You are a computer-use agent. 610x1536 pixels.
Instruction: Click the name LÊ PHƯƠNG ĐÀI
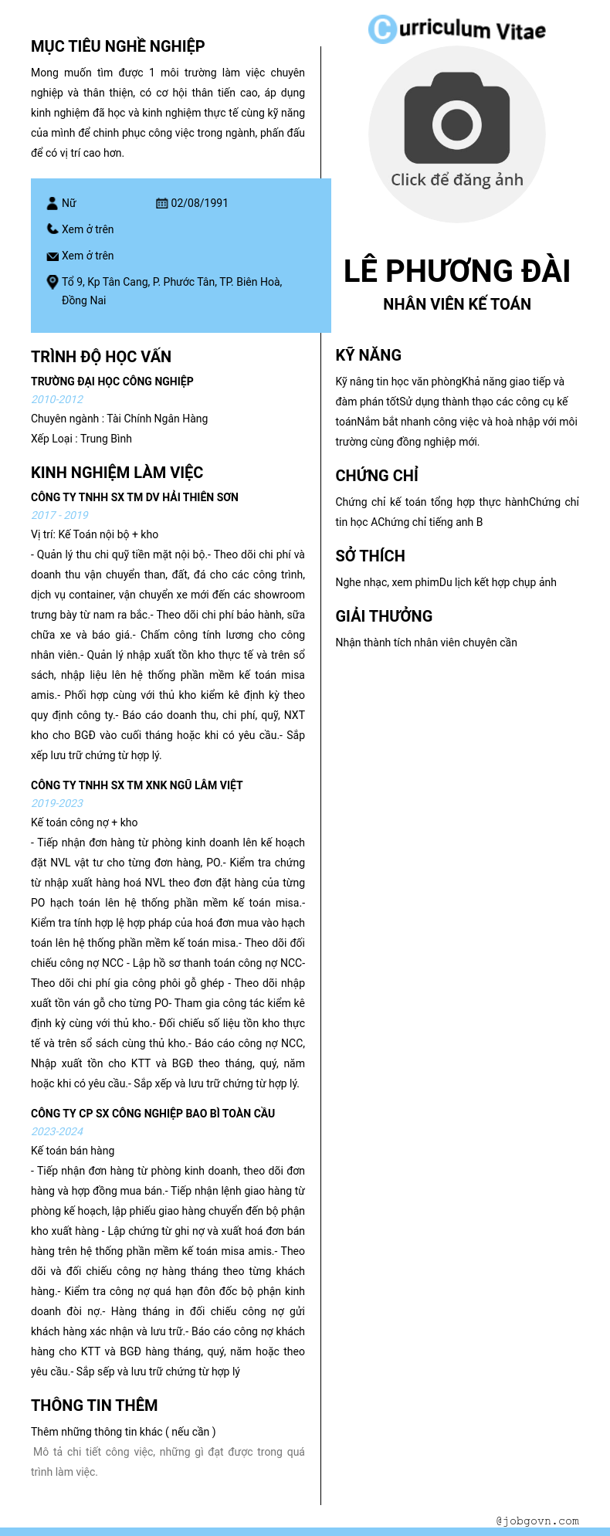coord(456,271)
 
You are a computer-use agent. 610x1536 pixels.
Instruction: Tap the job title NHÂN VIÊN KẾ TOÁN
coord(456,304)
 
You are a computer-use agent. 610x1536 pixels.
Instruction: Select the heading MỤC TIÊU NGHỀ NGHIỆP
coord(117,46)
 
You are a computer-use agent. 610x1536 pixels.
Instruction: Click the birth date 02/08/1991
coord(199,203)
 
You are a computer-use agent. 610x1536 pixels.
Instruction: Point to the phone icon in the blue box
coord(53,229)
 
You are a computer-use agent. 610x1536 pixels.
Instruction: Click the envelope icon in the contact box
coord(53,256)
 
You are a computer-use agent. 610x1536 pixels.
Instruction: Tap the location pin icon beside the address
coord(53,282)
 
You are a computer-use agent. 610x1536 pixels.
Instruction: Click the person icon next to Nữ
coord(53,203)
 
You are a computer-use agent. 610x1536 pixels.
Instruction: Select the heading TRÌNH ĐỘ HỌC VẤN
coord(101,357)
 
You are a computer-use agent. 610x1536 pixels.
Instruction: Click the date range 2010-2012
coord(57,399)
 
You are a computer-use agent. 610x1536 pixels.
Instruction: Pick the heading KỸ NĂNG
coord(368,355)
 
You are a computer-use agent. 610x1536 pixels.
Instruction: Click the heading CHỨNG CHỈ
coord(377,476)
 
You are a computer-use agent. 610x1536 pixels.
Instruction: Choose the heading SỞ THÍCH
coord(370,556)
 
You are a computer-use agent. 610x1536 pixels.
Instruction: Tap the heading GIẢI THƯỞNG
coord(384,616)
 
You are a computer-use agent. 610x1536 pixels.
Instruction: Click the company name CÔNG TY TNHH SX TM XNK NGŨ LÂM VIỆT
coord(137,785)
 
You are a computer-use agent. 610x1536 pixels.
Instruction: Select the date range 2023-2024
coord(57,1131)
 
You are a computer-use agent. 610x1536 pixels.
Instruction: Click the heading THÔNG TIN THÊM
coord(94,1405)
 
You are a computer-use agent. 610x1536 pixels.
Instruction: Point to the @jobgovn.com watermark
coord(537,1521)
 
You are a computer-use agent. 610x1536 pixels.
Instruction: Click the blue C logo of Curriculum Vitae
coord(381,29)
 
